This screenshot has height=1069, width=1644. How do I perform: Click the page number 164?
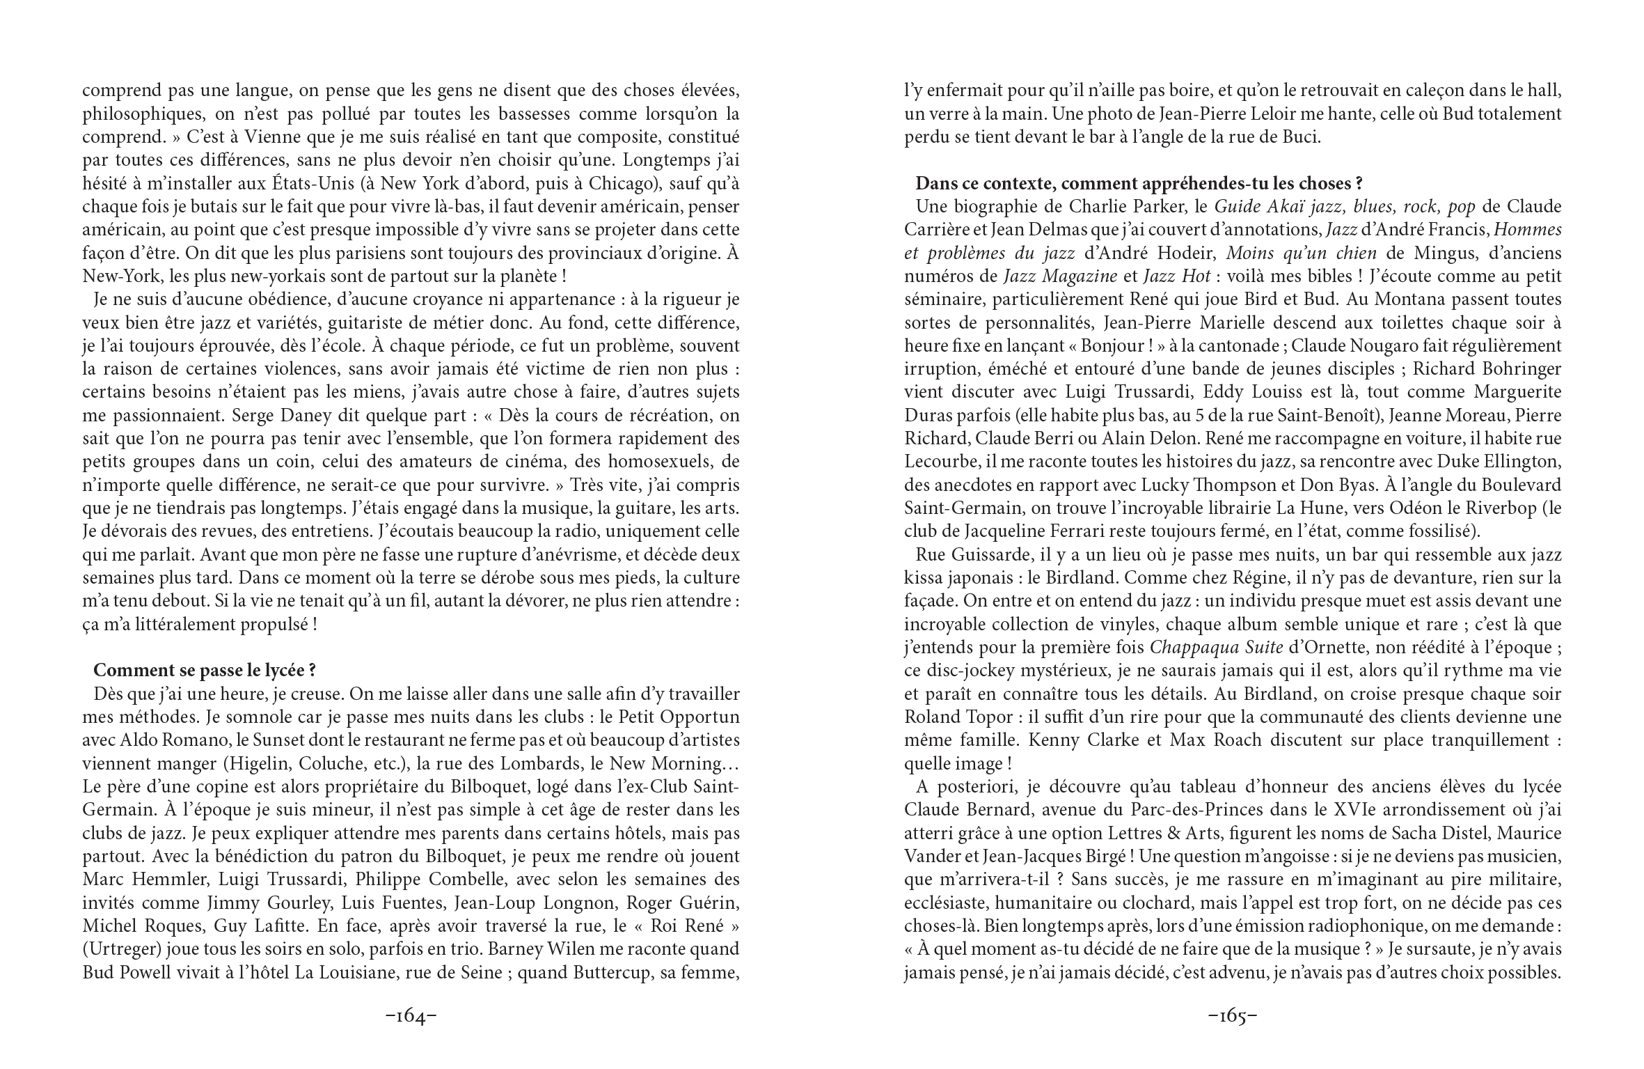point(411,1016)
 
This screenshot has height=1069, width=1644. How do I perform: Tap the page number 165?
point(1232,1016)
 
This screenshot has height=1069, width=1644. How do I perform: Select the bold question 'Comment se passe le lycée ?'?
point(205,670)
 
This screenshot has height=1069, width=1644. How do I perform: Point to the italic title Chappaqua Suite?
point(1216,648)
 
